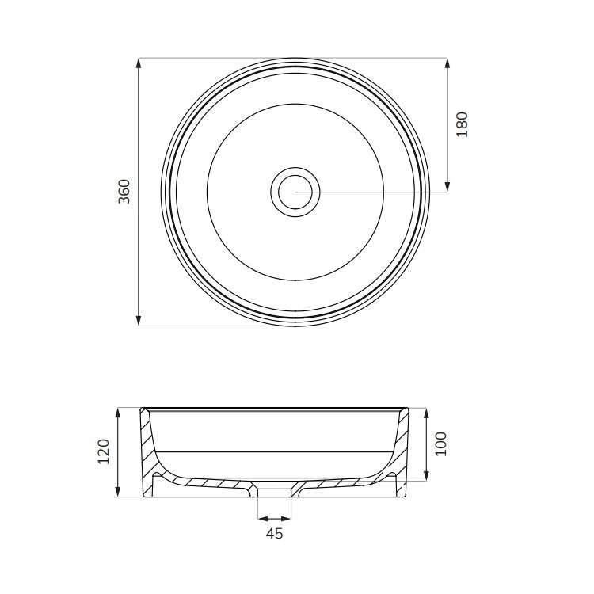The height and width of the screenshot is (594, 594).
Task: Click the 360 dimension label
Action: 124,192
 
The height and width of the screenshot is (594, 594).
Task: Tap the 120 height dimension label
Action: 104,452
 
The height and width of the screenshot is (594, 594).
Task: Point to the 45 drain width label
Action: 274,534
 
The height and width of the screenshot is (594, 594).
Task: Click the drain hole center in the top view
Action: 295,191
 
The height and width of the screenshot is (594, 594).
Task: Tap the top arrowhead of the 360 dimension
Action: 139,63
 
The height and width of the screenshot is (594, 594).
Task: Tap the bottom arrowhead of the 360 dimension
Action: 139,321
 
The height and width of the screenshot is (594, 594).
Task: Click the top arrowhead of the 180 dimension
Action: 447,63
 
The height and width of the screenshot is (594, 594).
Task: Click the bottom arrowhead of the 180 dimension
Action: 447,186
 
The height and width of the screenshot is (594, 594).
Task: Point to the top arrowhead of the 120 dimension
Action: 118,413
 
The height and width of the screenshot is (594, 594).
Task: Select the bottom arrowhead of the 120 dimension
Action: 118,492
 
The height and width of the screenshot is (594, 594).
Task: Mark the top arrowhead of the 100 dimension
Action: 426,413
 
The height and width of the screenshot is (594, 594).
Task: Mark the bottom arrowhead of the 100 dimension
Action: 426,476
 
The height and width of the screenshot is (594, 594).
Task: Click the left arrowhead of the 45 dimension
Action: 262,519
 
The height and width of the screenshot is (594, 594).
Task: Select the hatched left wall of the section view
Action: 148,451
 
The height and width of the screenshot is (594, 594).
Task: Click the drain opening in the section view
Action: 275,491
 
